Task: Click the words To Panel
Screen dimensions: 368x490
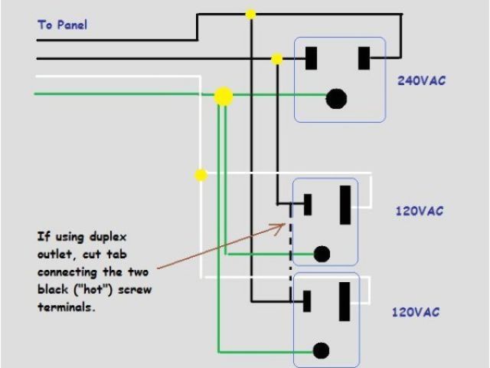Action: click(62, 25)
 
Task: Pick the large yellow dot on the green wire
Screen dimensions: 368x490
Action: click(223, 96)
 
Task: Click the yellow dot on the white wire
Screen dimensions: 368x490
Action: click(201, 175)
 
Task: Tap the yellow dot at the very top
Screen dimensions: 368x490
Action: click(250, 14)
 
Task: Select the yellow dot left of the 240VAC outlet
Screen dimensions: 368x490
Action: click(277, 58)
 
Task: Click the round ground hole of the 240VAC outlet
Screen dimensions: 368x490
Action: click(335, 98)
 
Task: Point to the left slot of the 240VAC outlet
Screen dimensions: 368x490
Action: click(312, 58)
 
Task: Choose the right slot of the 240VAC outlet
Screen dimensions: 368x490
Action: click(364, 58)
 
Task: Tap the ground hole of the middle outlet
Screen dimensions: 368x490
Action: click(322, 254)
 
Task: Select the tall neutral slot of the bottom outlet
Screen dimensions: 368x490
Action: click(346, 300)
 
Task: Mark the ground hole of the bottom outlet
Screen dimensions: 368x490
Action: click(322, 350)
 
